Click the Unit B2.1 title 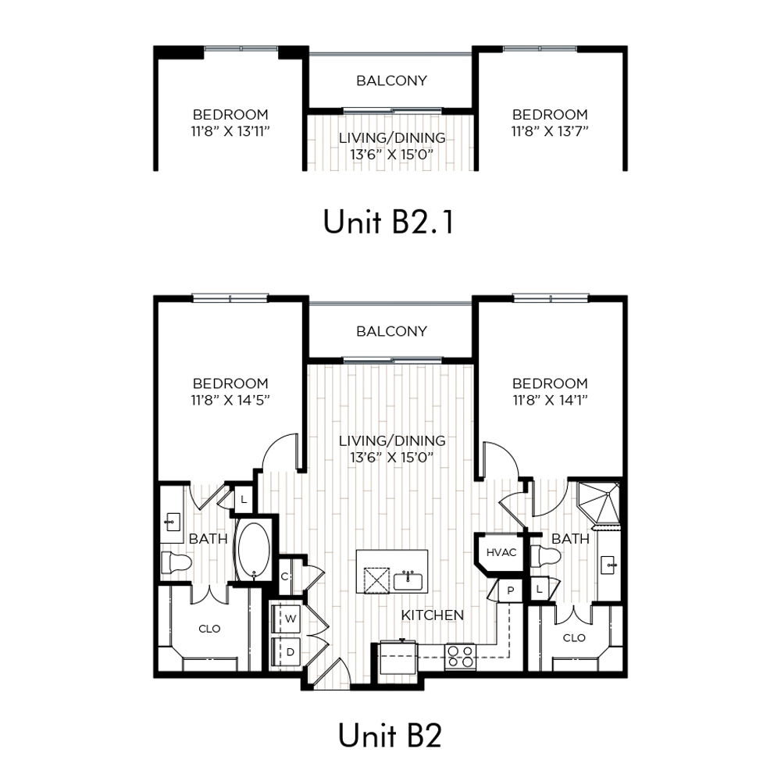point(388,222)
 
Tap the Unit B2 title point(390,735)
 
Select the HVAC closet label point(501,552)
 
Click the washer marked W point(286,619)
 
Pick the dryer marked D point(286,652)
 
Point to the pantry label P point(511,590)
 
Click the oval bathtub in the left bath point(254,551)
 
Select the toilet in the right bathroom point(545,556)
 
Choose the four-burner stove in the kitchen point(460,657)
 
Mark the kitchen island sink point(408,581)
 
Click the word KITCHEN point(433,615)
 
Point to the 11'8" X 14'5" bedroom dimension point(230,400)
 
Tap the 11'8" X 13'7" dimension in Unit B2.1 point(550,131)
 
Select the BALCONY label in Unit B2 point(391,331)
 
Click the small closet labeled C point(285,577)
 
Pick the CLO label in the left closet point(209,629)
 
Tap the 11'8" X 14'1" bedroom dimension point(550,400)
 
